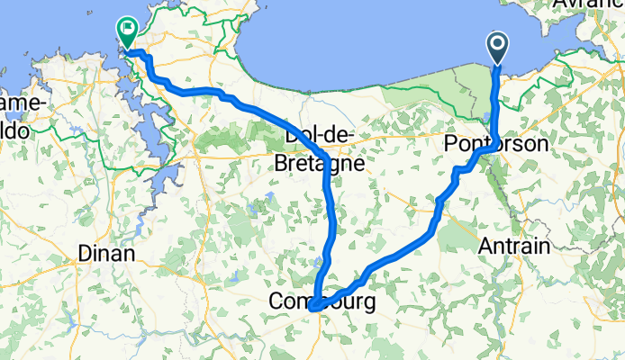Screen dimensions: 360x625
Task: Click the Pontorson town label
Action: pos(489,145)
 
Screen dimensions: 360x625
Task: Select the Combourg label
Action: pos(320,303)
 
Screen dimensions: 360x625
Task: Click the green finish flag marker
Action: pos(126,31)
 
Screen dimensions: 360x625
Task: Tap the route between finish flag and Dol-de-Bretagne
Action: pos(234,100)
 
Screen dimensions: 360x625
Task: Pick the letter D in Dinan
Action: pos(84,254)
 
